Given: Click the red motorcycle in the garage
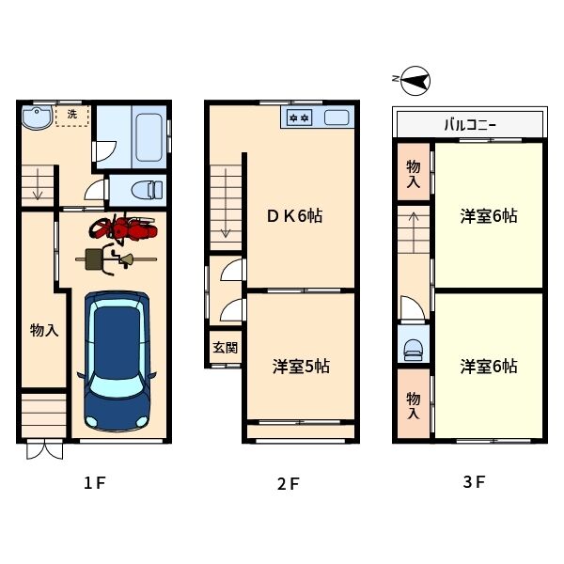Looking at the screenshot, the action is (123, 228).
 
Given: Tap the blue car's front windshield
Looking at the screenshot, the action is (117, 384).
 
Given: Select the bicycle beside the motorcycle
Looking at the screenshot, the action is (116, 259).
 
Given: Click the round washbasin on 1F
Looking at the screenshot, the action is (37, 117).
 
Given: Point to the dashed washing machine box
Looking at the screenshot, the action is (72, 115).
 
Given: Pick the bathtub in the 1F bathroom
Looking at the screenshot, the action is (149, 137).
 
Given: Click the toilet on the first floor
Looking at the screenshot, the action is (148, 190).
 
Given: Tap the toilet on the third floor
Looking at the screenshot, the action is (414, 349).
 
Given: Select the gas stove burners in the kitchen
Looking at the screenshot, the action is (299, 117).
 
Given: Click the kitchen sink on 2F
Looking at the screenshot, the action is (337, 117).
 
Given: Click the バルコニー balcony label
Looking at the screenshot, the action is (470, 125).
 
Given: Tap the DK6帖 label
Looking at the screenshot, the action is (294, 216).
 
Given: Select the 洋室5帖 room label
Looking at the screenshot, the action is (301, 367).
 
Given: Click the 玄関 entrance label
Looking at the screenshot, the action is (226, 348).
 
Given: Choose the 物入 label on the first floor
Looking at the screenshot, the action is (44, 330).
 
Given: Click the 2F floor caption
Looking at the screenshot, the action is (288, 484).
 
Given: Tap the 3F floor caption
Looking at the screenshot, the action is (474, 482).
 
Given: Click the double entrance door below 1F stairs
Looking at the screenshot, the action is (44, 449).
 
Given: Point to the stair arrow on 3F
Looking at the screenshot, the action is (414, 232).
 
